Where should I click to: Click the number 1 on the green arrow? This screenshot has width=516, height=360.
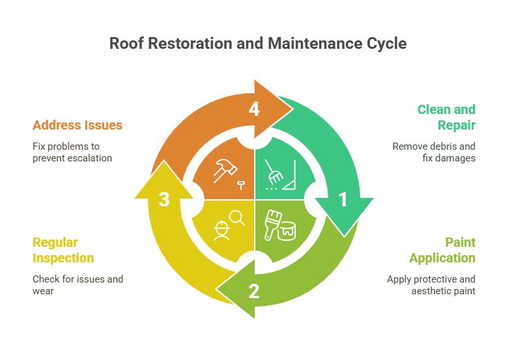tap(343, 199)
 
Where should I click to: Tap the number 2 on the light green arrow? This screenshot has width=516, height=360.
tap(254, 291)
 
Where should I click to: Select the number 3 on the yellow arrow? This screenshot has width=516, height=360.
tap(164, 199)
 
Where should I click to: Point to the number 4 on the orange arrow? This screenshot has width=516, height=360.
tap(254, 109)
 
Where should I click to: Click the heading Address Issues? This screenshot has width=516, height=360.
tap(78, 125)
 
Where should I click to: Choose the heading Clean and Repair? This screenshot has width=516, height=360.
tap(446, 117)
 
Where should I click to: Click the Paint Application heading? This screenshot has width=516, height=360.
tap(442, 250)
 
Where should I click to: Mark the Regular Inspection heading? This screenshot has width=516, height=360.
tap(63, 250)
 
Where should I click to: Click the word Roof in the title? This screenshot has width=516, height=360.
tap(124, 44)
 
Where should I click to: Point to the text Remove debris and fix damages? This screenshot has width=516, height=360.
tap(434, 152)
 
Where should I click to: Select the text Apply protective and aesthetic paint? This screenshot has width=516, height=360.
tap(431, 284)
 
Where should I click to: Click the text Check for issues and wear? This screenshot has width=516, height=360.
tap(78, 284)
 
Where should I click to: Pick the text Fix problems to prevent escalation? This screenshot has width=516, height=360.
tap(72, 152)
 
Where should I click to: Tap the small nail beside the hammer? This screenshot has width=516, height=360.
tap(241, 186)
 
